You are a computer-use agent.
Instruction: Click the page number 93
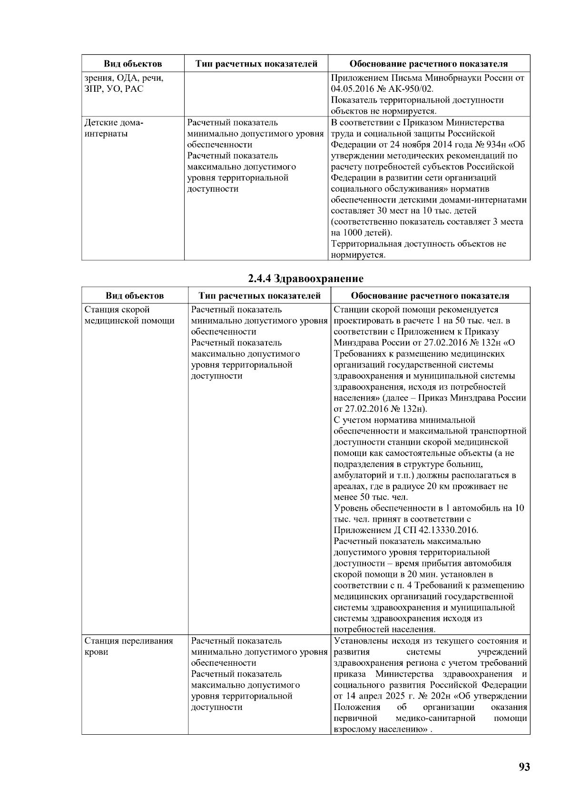click(524, 767)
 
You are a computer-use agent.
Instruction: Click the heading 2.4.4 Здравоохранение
click(305, 278)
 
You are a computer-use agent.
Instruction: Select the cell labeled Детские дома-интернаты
click(114, 128)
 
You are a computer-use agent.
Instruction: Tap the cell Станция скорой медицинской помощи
click(129, 315)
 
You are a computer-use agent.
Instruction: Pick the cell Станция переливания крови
click(128, 646)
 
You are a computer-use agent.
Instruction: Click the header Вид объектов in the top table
click(133, 64)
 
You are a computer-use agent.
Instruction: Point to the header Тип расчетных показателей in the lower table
click(259, 296)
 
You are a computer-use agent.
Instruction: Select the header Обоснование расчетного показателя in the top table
click(428, 64)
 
